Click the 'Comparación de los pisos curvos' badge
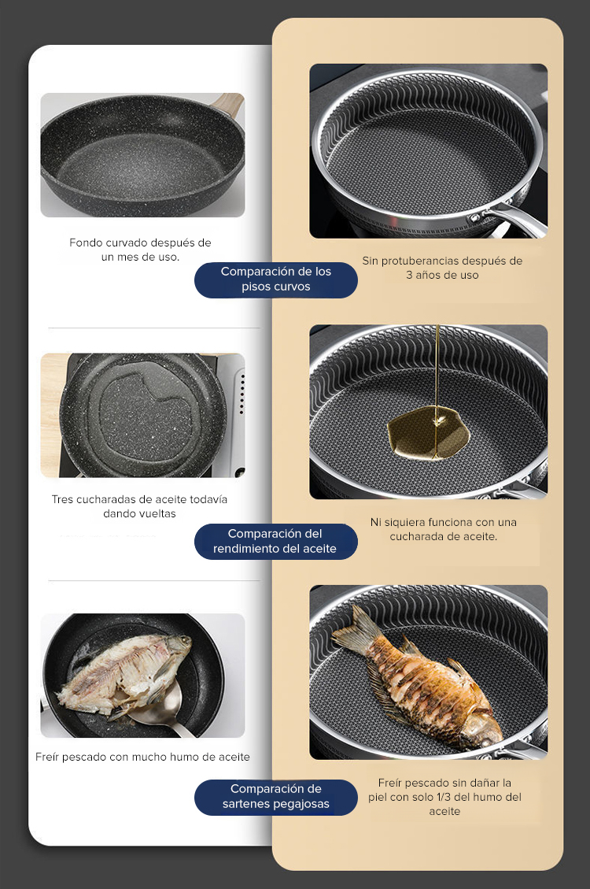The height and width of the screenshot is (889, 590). click(x=276, y=280)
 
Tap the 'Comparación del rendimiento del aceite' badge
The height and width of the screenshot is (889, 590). click(x=276, y=542)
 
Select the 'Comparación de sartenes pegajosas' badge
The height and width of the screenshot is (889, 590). click(x=276, y=797)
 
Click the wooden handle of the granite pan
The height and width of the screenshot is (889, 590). click(x=227, y=104)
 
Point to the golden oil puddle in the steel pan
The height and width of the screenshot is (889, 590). click(x=428, y=432)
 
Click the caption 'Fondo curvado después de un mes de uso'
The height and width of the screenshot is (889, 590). click(x=140, y=250)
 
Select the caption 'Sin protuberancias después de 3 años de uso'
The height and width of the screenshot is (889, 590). click(x=442, y=268)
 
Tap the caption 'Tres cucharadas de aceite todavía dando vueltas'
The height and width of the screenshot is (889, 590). click(x=139, y=506)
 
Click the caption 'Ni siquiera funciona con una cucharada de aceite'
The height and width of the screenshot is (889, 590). click(x=444, y=529)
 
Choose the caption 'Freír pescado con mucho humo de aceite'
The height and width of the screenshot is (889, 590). click(x=142, y=757)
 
